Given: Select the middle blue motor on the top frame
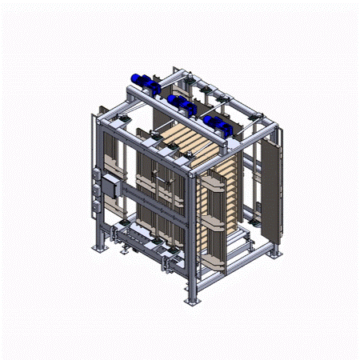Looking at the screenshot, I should tap(182, 102).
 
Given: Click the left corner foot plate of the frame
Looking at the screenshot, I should tap(98, 249).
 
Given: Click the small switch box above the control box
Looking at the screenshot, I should tap(99, 171).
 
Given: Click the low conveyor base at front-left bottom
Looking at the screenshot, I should tap(136, 240).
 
